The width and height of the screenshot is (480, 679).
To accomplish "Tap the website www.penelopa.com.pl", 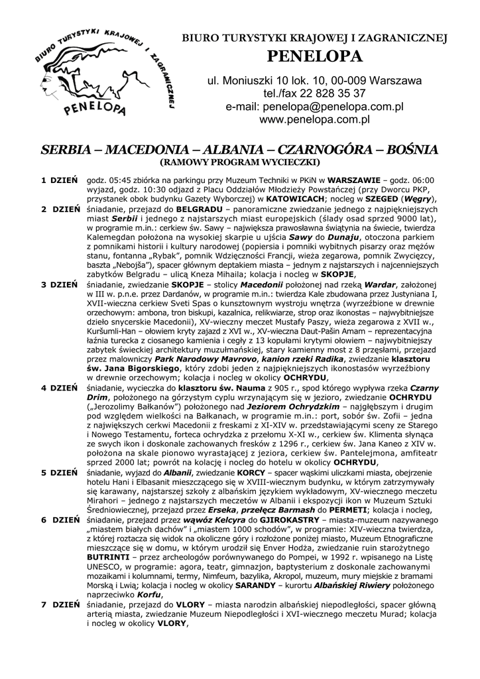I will point(314,120).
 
